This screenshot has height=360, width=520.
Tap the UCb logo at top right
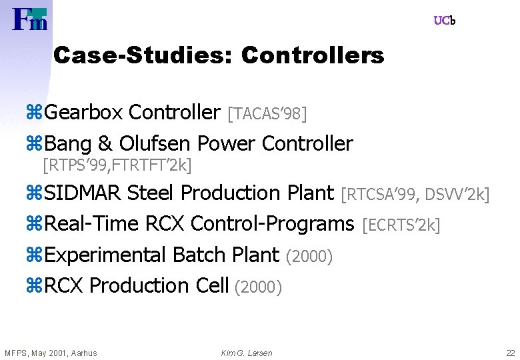tap(445, 21)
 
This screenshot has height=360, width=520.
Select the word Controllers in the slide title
tap(313, 55)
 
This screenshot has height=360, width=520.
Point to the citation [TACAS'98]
tap(267, 114)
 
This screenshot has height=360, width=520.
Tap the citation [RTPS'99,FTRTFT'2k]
tap(117, 163)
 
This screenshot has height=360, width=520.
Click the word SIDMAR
tap(83, 193)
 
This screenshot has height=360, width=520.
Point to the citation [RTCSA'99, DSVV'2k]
tap(415, 195)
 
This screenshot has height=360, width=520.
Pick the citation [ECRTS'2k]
tap(401, 226)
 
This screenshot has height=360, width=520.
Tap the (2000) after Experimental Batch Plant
tap(309, 257)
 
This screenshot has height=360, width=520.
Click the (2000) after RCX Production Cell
tap(259, 287)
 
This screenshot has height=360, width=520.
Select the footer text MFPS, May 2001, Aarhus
tap(51, 353)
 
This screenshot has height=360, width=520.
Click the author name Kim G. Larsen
tap(247, 353)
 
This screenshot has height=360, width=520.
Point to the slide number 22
tap(510, 353)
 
